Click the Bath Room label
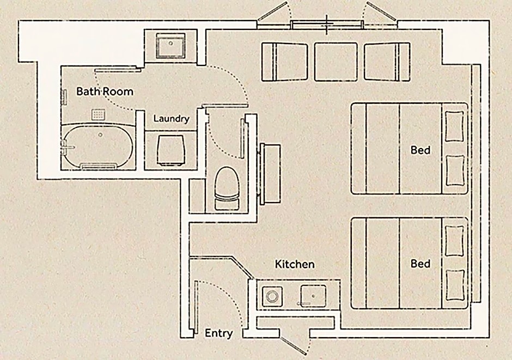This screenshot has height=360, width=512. [x=105, y=91]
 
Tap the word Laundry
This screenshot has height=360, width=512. [x=172, y=119]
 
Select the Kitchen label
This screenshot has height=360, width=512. [x=295, y=264]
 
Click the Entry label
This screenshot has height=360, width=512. [x=218, y=333]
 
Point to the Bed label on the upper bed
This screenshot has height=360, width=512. [x=420, y=150]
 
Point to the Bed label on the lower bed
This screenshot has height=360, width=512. [x=420, y=264]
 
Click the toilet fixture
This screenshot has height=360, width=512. [x=227, y=188]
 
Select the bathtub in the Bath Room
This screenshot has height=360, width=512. [x=98, y=146]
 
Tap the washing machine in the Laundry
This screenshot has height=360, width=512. [x=170, y=149]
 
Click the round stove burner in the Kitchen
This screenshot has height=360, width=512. [x=272, y=297]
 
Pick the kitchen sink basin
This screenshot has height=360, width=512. [x=313, y=296]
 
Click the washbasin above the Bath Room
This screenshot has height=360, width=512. [x=170, y=45]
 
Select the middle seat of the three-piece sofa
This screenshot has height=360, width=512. [x=336, y=62]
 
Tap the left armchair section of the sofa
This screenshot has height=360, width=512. [x=284, y=62]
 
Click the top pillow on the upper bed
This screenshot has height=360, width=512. [x=454, y=126]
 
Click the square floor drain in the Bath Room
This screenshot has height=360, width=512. [x=98, y=114]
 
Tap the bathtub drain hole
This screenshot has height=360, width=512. [x=100, y=135]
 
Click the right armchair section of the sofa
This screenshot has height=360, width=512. [x=387, y=62]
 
